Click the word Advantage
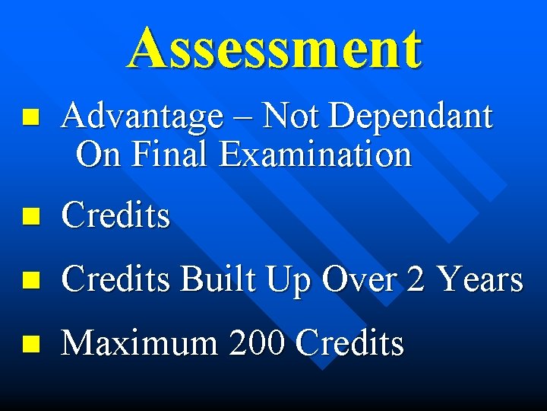coord(143,118)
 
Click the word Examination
coord(315,155)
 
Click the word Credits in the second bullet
coord(115,217)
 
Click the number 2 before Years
coord(416,280)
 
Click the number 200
coord(256,343)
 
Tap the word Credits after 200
coord(349,343)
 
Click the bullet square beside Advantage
coord(30,118)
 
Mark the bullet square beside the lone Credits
coord(30,218)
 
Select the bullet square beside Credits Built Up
coord(30,281)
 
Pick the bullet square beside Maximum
coord(30,344)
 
